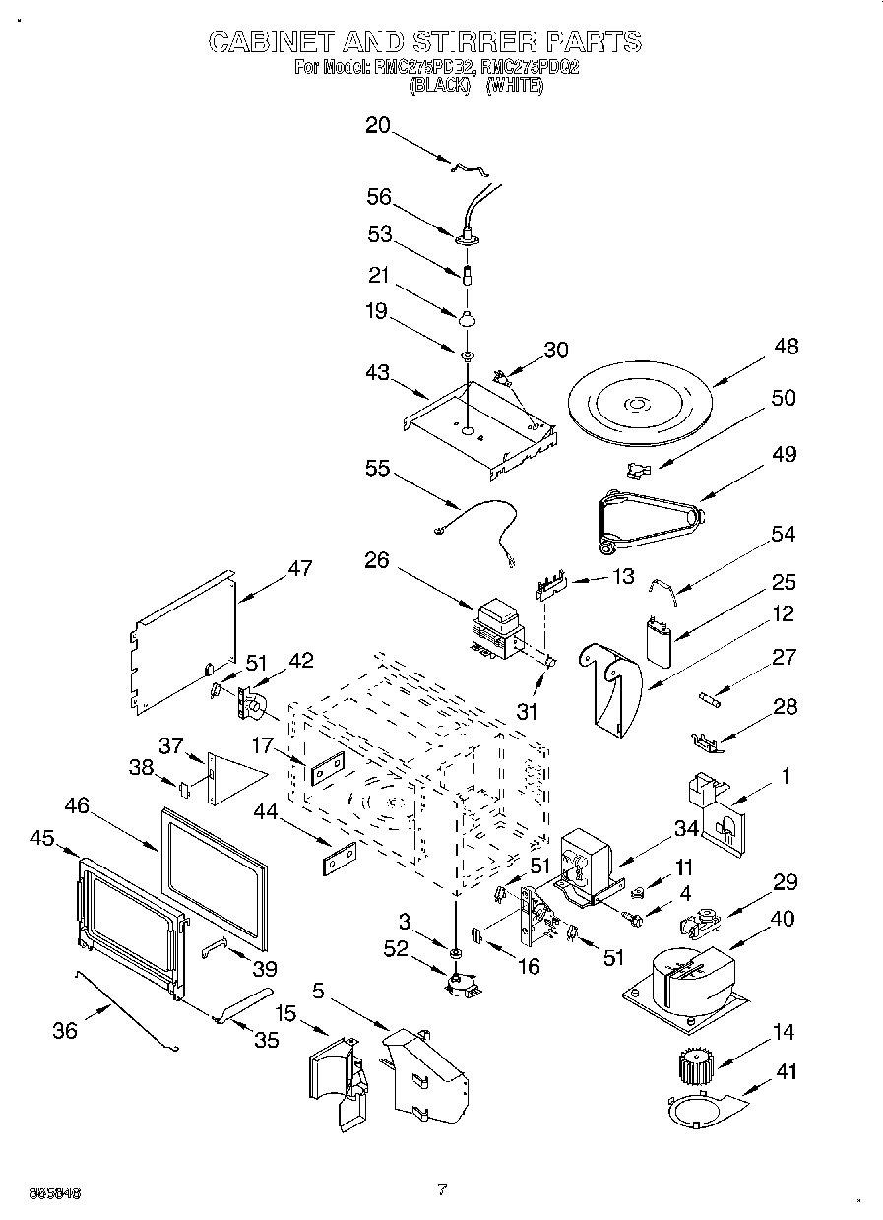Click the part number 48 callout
coord(786,347)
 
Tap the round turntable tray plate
coord(639,403)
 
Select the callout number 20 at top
coord(378,125)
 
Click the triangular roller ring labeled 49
coord(649,518)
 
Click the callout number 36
coord(65,1030)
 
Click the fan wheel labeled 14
coord(695,1069)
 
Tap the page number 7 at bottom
coord(442,1189)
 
